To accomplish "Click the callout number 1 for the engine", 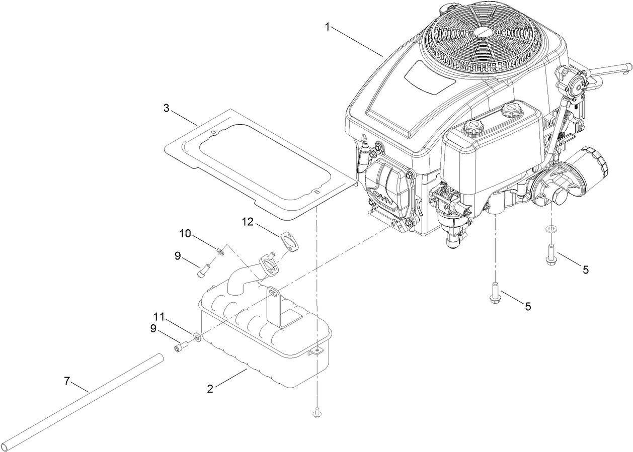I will [328, 27].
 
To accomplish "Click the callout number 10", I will [185, 233].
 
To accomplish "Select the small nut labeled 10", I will [220, 250].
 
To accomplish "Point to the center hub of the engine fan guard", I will [484, 31].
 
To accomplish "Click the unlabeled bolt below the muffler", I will [316, 413].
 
